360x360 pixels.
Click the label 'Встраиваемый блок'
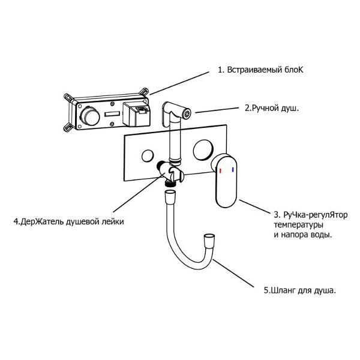(x=261, y=70)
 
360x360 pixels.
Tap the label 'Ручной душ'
(x=272, y=109)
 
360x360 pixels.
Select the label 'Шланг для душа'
(x=299, y=290)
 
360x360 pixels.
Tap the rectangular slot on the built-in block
(x=111, y=114)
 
